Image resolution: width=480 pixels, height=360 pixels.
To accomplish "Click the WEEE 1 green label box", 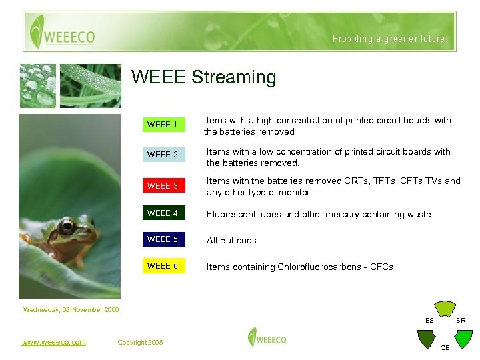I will point(163,125).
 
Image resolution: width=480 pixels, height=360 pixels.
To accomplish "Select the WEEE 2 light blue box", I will point(163,155).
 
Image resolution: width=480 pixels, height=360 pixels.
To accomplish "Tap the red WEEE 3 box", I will point(163,186).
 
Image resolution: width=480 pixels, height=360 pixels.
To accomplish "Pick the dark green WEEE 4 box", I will point(163,213).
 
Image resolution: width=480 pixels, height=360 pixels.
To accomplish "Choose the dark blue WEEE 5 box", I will point(163,239).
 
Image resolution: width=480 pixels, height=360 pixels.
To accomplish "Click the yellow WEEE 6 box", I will point(163,266).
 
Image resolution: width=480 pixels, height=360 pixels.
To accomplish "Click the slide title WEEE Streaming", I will point(203,77).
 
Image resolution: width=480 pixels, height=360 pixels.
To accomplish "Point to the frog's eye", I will point(67,228).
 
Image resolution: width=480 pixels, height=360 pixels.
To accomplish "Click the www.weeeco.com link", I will point(53,342).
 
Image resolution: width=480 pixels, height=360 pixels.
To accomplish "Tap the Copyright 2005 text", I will point(140,343).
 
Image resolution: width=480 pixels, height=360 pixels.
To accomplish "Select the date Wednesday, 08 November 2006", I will point(71,309).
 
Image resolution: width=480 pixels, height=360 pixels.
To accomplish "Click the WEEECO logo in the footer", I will point(267,338).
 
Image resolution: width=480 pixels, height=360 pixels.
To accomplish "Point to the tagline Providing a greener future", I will point(389,39).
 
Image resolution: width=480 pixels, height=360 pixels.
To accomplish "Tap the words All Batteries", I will point(231,241).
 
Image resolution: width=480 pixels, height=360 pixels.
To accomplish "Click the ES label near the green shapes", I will point(429,321).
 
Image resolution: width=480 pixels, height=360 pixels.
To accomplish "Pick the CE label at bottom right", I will point(445,347).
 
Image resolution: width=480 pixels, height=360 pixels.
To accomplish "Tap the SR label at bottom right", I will point(461,321).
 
